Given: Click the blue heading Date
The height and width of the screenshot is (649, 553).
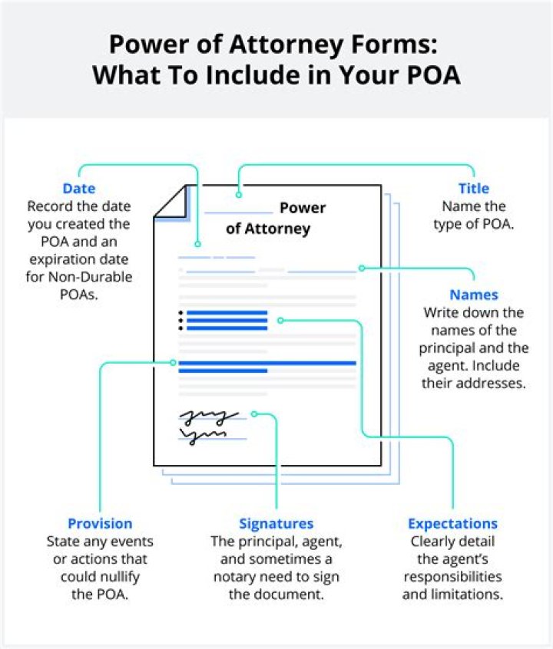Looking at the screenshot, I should pyautogui.click(x=79, y=189).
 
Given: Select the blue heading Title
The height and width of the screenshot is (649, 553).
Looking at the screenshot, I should pyautogui.click(x=473, y=189).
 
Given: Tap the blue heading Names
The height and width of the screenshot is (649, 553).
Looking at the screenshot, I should pyautogui.click(x=473, y=295).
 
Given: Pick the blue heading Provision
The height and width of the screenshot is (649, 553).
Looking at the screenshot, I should pyautogui.click(x=100, y=524).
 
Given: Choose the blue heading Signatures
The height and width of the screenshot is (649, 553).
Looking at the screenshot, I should pyautogui.click(x=276, y=524).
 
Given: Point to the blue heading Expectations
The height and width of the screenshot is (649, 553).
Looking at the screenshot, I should pyautogui.click(x=452, y=524).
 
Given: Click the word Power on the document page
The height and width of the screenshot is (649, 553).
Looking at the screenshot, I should pyautogui.click(x=303, y=208).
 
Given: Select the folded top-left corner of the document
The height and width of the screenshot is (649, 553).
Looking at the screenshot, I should pyautogui.click(x=172, y=203).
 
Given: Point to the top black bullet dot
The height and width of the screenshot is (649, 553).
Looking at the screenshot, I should pyautogui.click(x=180, y=313).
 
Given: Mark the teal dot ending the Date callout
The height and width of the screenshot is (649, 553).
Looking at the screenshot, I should pyautogui.click(x=198, y=244).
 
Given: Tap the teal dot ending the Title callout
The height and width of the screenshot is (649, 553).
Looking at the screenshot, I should pyautogui.click(x=239, y=196).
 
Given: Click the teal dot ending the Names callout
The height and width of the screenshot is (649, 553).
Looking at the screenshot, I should pyautogui.click(x=362, y=268).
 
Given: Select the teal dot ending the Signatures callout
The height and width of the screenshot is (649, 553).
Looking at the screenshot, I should pyautogui.click(x=253, y=414).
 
